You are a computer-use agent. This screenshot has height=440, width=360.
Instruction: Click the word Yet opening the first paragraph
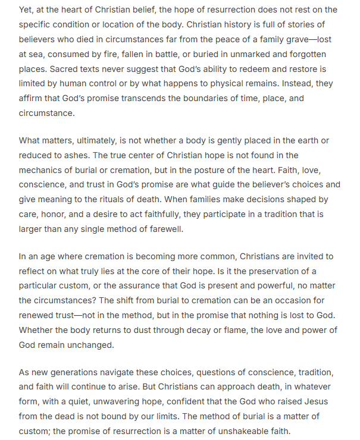pyautogui.click(x=27, y=10)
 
